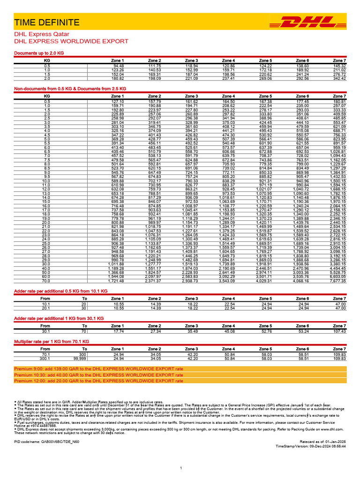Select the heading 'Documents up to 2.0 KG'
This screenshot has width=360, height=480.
click(39, 53)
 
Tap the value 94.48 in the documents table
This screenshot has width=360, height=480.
click(118, 66)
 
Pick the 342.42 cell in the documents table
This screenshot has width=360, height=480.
click(339, 78)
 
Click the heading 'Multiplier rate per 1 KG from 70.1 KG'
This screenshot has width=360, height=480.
click(52, 342)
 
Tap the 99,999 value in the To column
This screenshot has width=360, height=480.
click(80, 359)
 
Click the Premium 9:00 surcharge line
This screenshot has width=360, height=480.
click(98, 369)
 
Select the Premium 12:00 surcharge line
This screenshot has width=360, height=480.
click(98, 381)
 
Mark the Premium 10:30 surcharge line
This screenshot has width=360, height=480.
click(98, 375)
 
